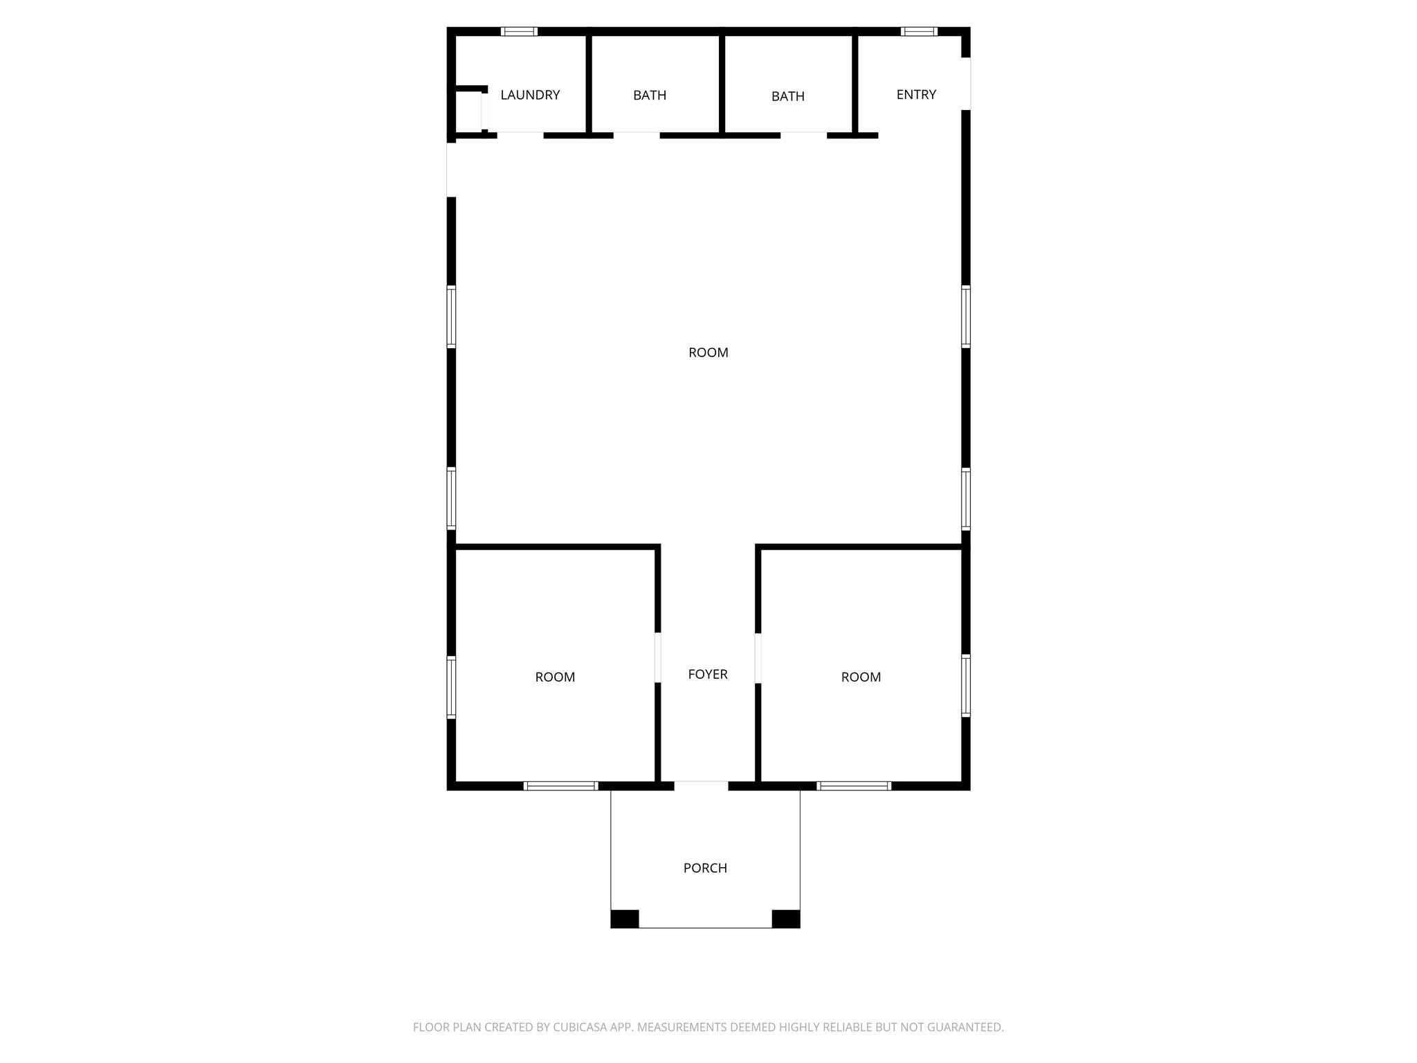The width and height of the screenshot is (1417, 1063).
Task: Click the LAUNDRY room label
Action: (530, 95)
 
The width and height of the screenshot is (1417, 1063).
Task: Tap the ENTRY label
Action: (916, 95)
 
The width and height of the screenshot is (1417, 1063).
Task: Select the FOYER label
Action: (708, 674)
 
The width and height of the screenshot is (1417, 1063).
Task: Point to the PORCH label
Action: (705, 868)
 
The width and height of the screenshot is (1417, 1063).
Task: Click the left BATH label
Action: (650, 96)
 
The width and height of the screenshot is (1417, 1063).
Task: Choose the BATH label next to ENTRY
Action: (788, 96)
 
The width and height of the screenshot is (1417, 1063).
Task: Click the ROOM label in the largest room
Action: (708, 352)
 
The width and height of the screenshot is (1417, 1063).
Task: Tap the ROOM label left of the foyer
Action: (555, 677)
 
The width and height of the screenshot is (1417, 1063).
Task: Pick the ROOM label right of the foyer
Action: (861, 677)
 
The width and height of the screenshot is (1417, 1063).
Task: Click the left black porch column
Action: (624, 918)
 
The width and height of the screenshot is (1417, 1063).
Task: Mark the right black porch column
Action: (786, 918)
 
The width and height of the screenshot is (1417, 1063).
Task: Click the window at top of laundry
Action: (519, 31)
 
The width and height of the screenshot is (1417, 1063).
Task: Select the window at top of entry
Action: (919, 31)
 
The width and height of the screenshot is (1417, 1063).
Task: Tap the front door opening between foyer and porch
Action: (701, 785)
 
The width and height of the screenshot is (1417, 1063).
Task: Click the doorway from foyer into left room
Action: (657, 657)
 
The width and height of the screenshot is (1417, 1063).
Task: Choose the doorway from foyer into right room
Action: (758, 657)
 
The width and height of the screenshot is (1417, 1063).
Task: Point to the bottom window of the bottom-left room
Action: (560, 785)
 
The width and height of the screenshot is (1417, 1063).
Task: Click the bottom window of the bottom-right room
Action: (854, 785)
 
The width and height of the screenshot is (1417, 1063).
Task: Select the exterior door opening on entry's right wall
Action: (966, 83)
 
